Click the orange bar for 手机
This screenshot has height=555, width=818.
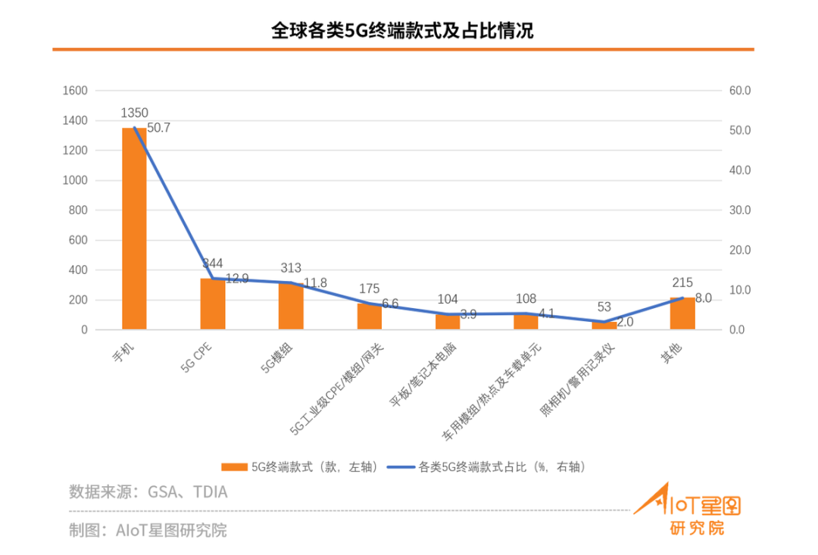coord(134,229)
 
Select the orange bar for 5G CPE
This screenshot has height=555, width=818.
coord(213,304)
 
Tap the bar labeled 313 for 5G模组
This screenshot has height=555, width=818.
coord(291,306)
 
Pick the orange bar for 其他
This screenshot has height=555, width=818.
coord(682,313)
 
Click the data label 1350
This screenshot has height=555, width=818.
coord(134,114)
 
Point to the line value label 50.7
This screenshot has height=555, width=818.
coord(159,128)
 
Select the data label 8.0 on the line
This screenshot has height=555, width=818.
coord(703,298)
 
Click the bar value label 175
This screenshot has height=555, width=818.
coord(369,288)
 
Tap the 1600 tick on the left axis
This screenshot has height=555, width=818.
coord(75,91)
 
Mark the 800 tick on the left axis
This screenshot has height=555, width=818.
coord(78,210)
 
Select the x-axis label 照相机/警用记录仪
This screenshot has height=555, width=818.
coord(581,379)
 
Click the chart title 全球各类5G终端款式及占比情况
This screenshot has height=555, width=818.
coord(402,30)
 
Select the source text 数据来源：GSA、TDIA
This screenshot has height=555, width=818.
coord(148,492)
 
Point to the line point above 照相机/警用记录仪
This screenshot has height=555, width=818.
coord(604,322)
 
